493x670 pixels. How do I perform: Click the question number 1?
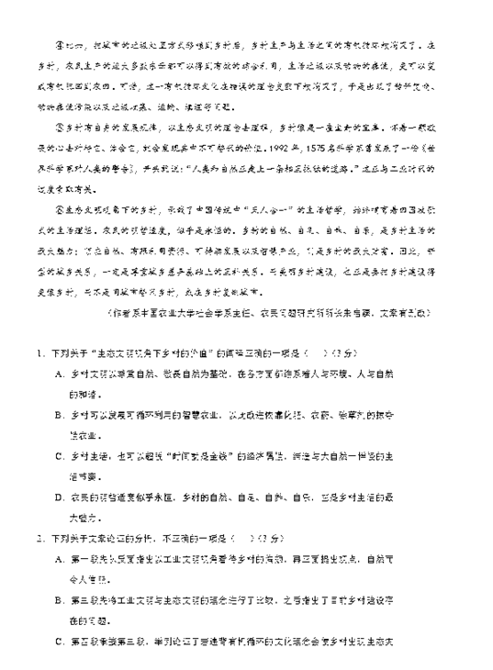click(39, 353)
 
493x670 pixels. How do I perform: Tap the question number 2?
click(39, 534)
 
